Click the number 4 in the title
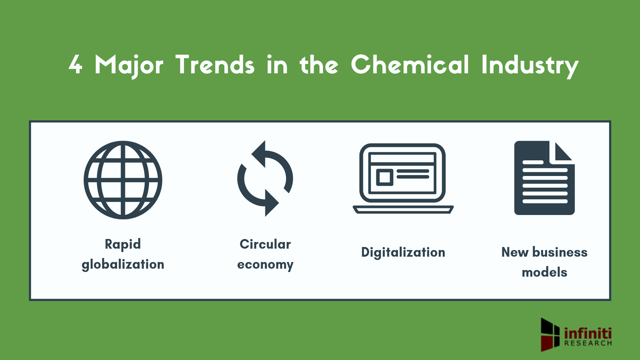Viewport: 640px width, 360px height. [75, 65]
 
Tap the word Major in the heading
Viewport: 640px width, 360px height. [129, 65]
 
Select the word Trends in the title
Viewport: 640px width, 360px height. [215, 65]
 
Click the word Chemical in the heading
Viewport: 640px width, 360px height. [410, 65]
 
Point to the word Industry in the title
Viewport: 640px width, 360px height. [530, 65]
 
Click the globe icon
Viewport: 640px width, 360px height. [123, 180]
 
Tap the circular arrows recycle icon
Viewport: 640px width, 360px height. [265, 179]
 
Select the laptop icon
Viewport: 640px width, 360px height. [403, 179]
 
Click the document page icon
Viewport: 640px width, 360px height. [544, 178]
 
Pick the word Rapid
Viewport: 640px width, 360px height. [123, 244]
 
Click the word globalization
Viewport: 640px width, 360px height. [123, 264]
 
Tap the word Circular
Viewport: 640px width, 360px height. [265, 244]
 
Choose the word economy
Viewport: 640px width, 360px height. [265, 264]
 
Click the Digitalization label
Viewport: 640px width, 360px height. [403, 252]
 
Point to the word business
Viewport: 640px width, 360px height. [560, 252]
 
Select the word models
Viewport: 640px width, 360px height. [544, 272]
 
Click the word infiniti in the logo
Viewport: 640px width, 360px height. [588, 333]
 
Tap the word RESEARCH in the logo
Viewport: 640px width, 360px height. [588, 343]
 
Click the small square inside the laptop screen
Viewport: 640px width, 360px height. [385, 177]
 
